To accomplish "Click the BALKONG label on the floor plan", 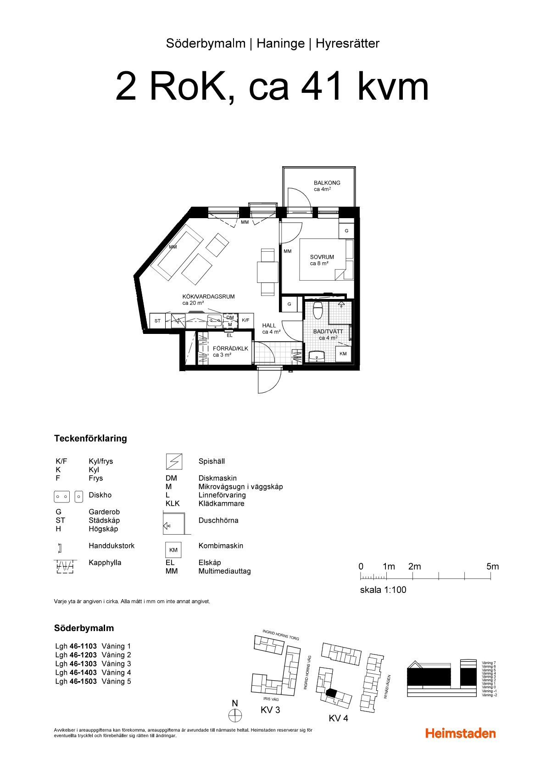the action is click(x=327, y=183).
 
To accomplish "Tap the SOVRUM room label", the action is click(x=322, y=257).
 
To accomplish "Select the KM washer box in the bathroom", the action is click(x=343, y=354).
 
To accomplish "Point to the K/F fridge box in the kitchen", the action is click(x=246, y=321).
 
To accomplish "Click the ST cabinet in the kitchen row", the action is click(x=157, y=321).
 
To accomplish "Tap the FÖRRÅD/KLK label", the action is click(x=230, y=349).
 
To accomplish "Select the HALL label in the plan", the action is click(x=269, y=326).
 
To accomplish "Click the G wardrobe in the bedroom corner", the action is click(x=346, y=231).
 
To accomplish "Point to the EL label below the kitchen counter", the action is click(x=229, y=335).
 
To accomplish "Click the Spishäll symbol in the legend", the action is click(x=174, y=462).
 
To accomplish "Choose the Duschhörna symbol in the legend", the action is click(x=177, y=523).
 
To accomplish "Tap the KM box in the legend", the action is click(x=173, y=550).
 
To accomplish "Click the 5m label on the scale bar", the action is click(x=493, y=566).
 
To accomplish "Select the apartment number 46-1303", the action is click(x=83, y=664).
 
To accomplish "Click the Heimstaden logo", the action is click(x=461, y=734).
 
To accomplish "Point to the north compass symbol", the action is click(x=235, y=716).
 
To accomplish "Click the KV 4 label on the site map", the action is click(x=338, y=718).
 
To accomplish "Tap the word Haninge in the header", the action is click(x=281, y=44).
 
